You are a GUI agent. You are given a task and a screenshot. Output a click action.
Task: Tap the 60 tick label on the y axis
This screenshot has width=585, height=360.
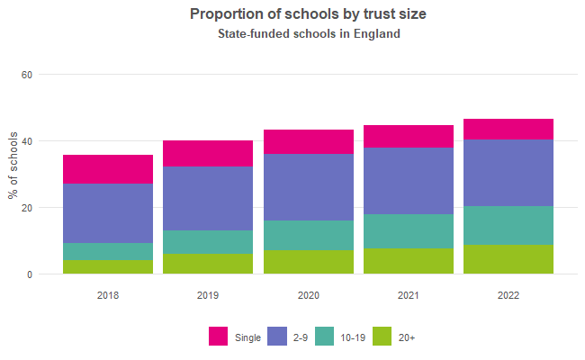26,75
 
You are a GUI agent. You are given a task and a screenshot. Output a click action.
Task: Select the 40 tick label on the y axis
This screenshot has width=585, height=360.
26,141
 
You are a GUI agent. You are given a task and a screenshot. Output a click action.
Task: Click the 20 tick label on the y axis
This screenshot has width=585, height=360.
26,208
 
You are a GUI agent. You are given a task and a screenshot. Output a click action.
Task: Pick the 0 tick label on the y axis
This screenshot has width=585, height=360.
29,274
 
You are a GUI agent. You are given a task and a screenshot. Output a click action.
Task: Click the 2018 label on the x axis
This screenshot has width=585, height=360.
107,295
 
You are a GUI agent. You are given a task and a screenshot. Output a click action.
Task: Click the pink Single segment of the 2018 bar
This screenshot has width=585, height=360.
107,169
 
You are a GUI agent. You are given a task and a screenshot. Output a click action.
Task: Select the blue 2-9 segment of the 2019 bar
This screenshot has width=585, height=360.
207,198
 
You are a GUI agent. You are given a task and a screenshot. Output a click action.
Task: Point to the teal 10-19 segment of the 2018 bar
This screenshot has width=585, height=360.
107,251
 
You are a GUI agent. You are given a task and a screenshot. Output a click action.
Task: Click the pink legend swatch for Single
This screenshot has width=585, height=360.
219,337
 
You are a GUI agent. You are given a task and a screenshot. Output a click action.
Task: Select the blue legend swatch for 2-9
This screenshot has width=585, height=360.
278,337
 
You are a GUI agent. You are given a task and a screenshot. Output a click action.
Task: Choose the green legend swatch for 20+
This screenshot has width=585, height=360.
382,337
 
